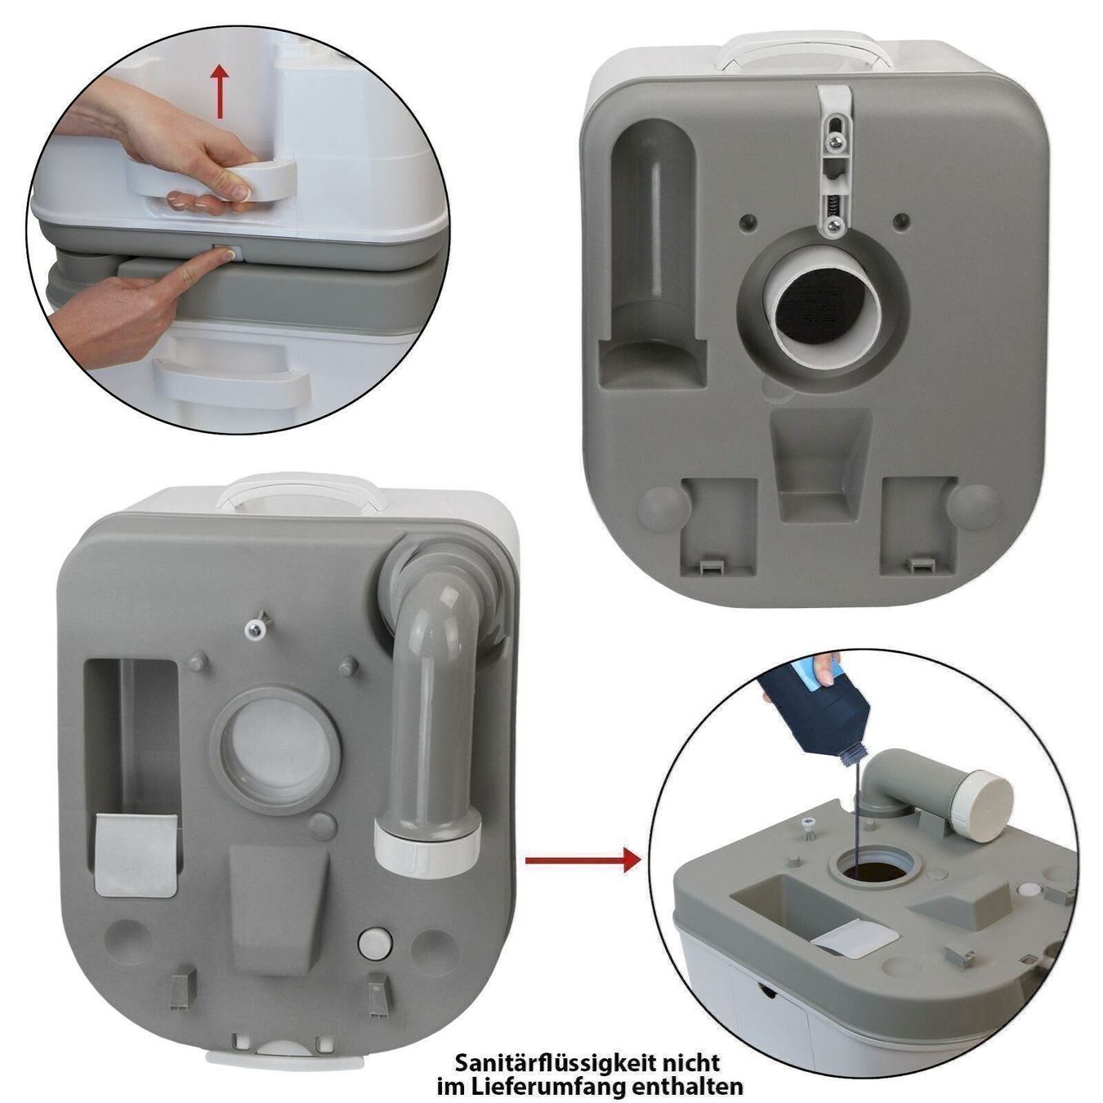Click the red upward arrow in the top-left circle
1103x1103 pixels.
pyautogui.click(x=220, y=92)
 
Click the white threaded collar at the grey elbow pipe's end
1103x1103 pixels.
pyautogui.click(x=427, y=845)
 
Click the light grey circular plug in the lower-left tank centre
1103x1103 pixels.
pyautogui.click(x=276, y=749)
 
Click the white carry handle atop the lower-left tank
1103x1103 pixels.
pyautogui.click(x=301, y=492)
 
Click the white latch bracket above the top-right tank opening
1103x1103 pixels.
pyautogui.click(x=833, y=159)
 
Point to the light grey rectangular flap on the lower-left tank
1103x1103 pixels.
pyautogui.click(x=136, y=854)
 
